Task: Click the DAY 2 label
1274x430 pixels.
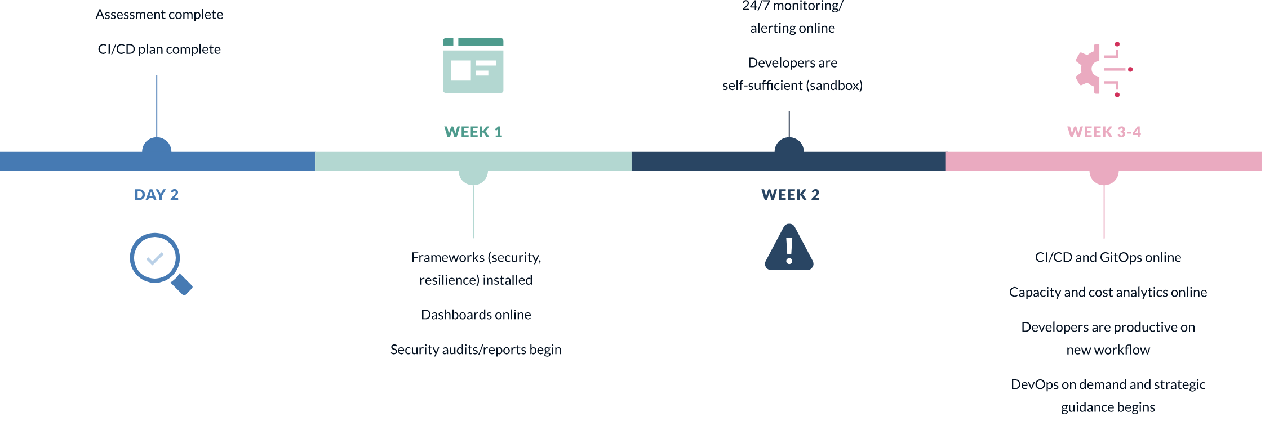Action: [156, 195]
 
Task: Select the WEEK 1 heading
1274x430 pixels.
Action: [473, 132]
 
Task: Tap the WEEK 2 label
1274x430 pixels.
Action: [790, 195]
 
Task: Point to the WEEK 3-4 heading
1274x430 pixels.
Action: [1104, 132]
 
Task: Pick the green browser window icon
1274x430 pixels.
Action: [473, 65]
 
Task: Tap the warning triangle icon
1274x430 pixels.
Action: [789, 248]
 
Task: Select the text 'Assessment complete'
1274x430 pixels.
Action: [159, 15]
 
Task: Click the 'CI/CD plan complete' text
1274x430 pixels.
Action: [159, 50]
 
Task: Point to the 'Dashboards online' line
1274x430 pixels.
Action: [476, 315]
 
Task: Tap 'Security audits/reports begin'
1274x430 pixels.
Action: [476, 350]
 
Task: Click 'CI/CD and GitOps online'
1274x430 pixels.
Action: [1108, 257]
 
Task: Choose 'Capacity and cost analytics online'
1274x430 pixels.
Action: [1108, 292]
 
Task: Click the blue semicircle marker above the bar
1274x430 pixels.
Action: [157, 146]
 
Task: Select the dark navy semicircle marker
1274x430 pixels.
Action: [789, 146]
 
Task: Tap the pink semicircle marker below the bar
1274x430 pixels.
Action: [1104, 177]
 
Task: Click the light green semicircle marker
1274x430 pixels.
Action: [473, 177]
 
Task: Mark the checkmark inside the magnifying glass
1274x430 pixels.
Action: [154, 258]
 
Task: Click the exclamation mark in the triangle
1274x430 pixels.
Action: [789, 250]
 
